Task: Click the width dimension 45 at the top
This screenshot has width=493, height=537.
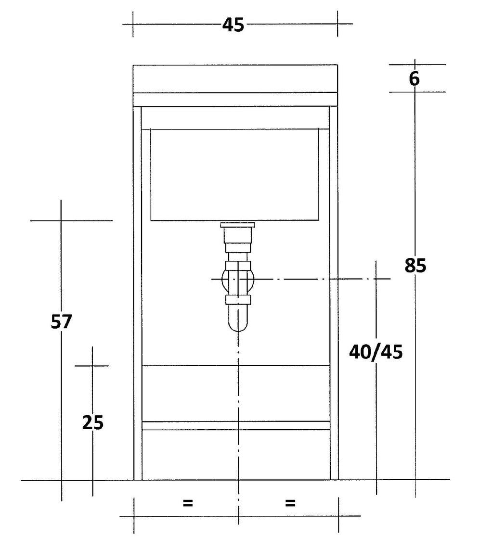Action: tap(233, 25)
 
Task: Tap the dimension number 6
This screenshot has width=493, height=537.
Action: tap(414, 79)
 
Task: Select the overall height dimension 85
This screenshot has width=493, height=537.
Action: tap(415, 266)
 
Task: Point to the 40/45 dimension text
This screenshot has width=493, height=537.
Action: tap(376, 352)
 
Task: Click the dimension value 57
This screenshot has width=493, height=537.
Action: tap(61, 321)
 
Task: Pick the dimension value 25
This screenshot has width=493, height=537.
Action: tap(93, 422)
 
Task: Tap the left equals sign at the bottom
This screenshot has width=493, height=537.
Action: tap(188, 503)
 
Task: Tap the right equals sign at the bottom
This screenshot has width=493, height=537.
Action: tap(290, 503)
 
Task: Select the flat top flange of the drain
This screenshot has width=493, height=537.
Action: tap(238, 225)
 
